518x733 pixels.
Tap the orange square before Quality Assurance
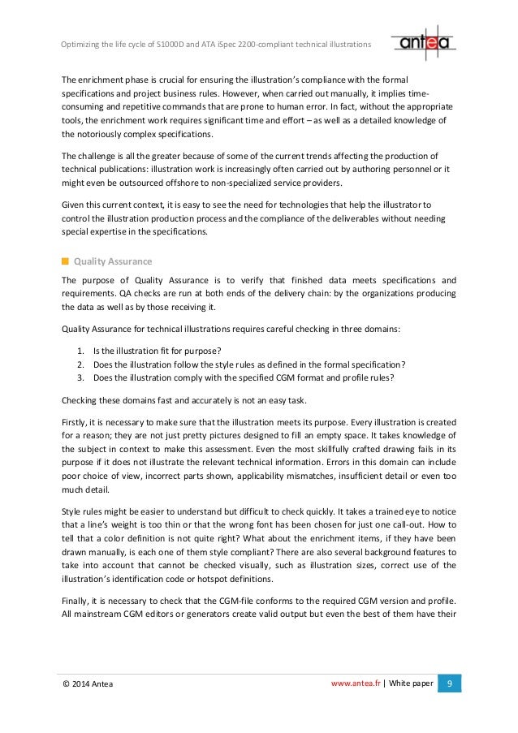click(x=65, y=261)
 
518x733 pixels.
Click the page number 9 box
click(x=448, y=683)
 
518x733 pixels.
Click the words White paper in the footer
click(x=412, y=684)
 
